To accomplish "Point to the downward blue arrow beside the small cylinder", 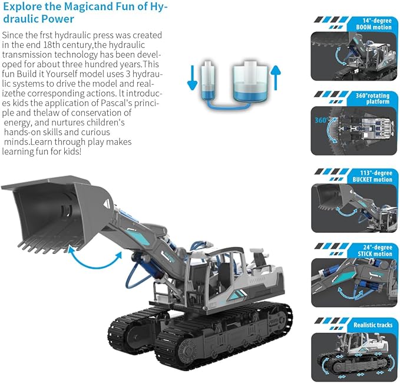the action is (x=193, y=78).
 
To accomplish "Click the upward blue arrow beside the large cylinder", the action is (x=276, y=78).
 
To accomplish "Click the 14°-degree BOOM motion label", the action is (x=373, y=24).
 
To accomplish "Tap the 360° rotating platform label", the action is (x=372, y=98).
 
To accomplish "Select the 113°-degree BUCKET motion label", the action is (x=372, y=176).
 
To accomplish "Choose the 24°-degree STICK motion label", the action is (x=375, y=250).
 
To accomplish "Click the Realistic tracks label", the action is (x=373, y=325).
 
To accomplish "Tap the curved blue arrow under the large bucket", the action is (x=94, y=264).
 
